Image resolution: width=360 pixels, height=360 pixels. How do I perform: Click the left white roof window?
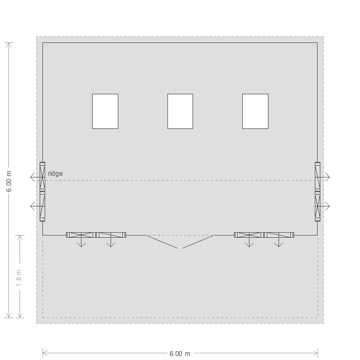(x=105, y=111)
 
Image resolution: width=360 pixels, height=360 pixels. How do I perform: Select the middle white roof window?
(x=180, y=111)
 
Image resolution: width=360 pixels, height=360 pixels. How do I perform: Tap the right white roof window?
(x=255, y=111)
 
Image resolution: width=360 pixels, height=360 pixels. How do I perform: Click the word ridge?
(x=55, y=174)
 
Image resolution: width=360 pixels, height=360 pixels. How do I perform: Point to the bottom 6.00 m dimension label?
(x=180, y=354)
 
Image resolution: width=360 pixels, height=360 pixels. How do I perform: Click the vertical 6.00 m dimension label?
(x=9, y=181)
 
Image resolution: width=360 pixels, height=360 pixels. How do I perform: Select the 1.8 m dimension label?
(x=19, y=278)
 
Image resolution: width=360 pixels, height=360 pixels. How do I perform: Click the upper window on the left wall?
(x=42, y=177)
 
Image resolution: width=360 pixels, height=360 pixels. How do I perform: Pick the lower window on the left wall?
(x=42, y=207)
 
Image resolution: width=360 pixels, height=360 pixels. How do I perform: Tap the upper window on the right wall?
(x=318, y=177)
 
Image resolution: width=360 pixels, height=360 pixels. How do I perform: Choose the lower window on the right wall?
(x=318, y=207)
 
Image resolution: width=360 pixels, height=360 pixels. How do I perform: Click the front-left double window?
(x=96, y=235)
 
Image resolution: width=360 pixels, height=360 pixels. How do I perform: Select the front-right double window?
(x=264, y=235)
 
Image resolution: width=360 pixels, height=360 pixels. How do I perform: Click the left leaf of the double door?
(x=162, y=242)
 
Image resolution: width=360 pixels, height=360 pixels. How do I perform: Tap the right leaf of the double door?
(x=198, y=242)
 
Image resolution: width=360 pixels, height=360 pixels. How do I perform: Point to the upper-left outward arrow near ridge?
(x=36, y=177)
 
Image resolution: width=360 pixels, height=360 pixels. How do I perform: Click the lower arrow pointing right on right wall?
(x=324, y=206)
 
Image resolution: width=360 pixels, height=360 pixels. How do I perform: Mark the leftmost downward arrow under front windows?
(x=81, y=241)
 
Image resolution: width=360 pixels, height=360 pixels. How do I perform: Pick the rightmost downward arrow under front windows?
(x=279, y=241)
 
